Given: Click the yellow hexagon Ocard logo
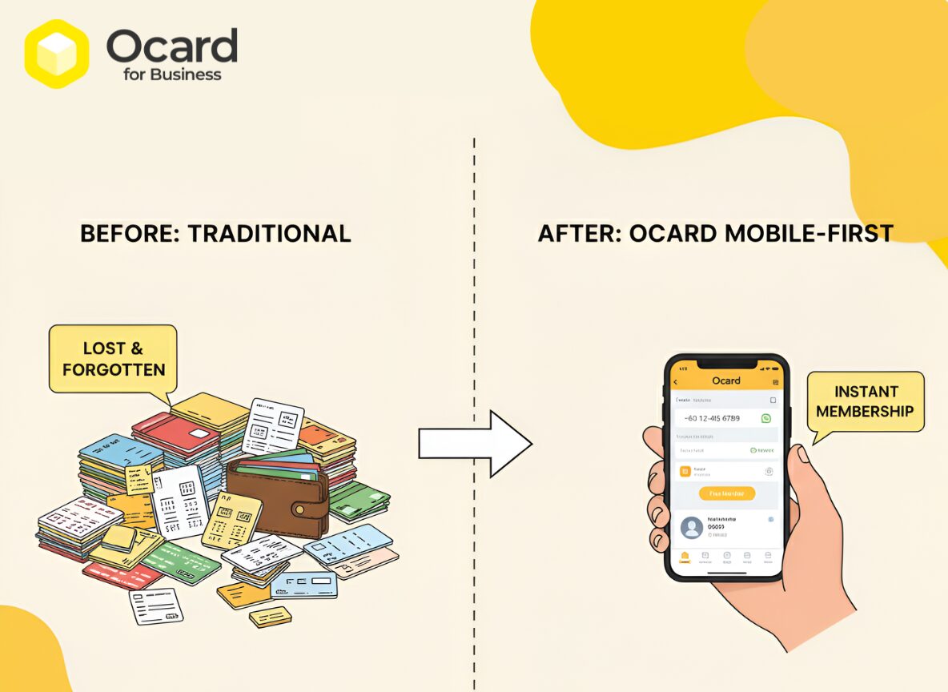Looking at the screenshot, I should coord(56,54).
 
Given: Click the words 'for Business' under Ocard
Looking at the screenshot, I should coord(172,74).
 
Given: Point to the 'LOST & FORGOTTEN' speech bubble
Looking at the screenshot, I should coord(113,359).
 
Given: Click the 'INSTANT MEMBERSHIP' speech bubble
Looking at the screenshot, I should coord(865,401).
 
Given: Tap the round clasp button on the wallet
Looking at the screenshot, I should coord(299,509).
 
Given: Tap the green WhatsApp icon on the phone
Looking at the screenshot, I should coord(766,418).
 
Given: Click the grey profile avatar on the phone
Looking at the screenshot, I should coord(692,527).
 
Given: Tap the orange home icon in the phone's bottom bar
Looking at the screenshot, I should coord(685,557).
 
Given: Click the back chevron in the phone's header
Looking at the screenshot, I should coord(676,381).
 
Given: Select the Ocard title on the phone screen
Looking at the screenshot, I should coord(725,380).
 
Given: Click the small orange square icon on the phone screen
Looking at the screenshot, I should coord(685,472).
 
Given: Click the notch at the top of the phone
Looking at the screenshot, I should coord(726,363).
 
